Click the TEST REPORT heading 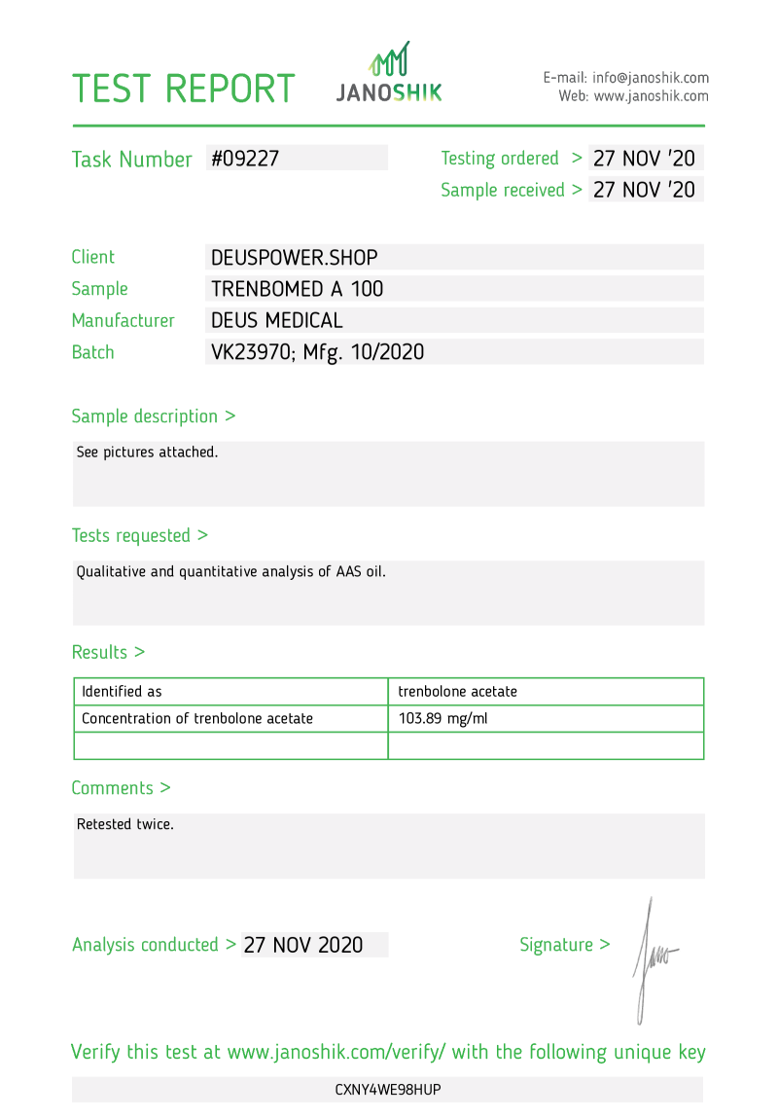pos(183,89)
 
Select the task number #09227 pos(245,159)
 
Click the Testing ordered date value pos(644,159)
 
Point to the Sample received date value pos(644,190)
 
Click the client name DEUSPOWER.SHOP pos(294,258)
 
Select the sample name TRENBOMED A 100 pos(297,289)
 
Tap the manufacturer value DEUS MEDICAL pos(276,320)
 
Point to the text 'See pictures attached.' pos(147,452)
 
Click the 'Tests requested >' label pos(139,535)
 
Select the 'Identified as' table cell pos(122,692)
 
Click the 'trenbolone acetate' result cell pos(457,692)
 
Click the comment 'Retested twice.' pos(124,824)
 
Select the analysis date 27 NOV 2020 pos(303,945)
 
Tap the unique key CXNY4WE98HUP pos(388,1090)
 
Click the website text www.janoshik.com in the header pos(651,96)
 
